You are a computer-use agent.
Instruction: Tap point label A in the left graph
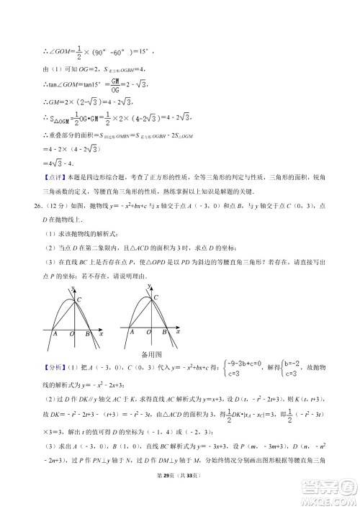[55, 333]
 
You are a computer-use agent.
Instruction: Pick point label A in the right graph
[130, 333]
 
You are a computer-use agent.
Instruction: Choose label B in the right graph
[164, 333]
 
